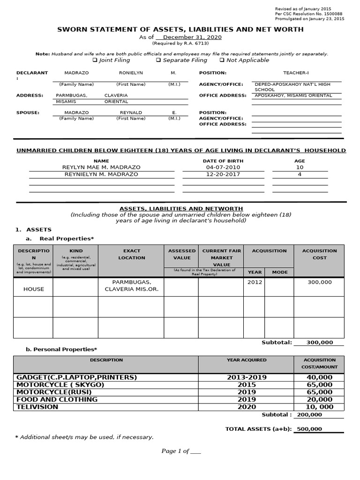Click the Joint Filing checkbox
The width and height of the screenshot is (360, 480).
click(95, 60)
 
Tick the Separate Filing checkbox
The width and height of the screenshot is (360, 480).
click(158, 60)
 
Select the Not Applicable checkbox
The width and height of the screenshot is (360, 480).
click(222, 60)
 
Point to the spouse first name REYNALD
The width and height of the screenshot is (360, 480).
click(131, 112)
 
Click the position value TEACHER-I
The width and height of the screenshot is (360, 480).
click(296, 73)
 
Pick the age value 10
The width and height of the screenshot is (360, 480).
click(300, 167)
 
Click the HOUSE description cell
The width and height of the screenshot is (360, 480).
click(33, 289)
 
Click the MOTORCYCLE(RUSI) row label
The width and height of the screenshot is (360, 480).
click(61, 392)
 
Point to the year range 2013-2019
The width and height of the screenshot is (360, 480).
click(247, 377)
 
